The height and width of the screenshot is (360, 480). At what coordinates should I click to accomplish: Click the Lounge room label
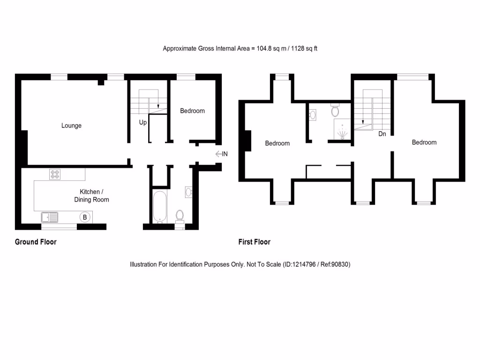[71, 126]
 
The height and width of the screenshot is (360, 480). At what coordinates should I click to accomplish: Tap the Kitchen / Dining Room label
[91, 196]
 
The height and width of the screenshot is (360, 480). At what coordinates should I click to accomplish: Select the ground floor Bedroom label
[192, 111]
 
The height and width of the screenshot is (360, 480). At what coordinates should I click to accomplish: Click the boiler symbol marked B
[85, 217]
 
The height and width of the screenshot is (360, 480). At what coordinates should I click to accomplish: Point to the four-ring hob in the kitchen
[55, 174]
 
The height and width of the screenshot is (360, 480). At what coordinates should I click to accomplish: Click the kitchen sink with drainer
[49, 217]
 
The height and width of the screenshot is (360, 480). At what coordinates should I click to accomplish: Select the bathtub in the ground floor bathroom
[159, 206]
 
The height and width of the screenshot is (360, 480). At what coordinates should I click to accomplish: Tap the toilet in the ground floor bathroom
[180, 216]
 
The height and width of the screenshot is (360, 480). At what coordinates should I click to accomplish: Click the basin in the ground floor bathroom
[189, 191]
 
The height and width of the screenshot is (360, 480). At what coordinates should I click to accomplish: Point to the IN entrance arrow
[221, 154]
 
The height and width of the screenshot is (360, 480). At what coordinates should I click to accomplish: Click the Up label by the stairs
[143, 122]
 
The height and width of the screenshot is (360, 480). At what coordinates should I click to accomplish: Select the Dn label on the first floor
[382, 134]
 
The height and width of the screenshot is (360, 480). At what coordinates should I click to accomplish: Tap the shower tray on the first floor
[343, 129]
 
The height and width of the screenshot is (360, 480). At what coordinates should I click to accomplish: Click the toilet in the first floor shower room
[335, 110]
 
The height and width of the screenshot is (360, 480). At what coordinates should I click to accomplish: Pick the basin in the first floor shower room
[313, 113]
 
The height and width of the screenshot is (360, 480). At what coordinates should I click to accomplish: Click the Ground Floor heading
[36, 242]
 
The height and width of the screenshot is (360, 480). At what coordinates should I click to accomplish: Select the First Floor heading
[255, 242]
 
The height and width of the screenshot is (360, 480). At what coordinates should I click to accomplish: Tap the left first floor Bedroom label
[277, 143]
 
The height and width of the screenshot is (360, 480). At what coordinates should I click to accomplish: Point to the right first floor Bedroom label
[424, 142]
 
